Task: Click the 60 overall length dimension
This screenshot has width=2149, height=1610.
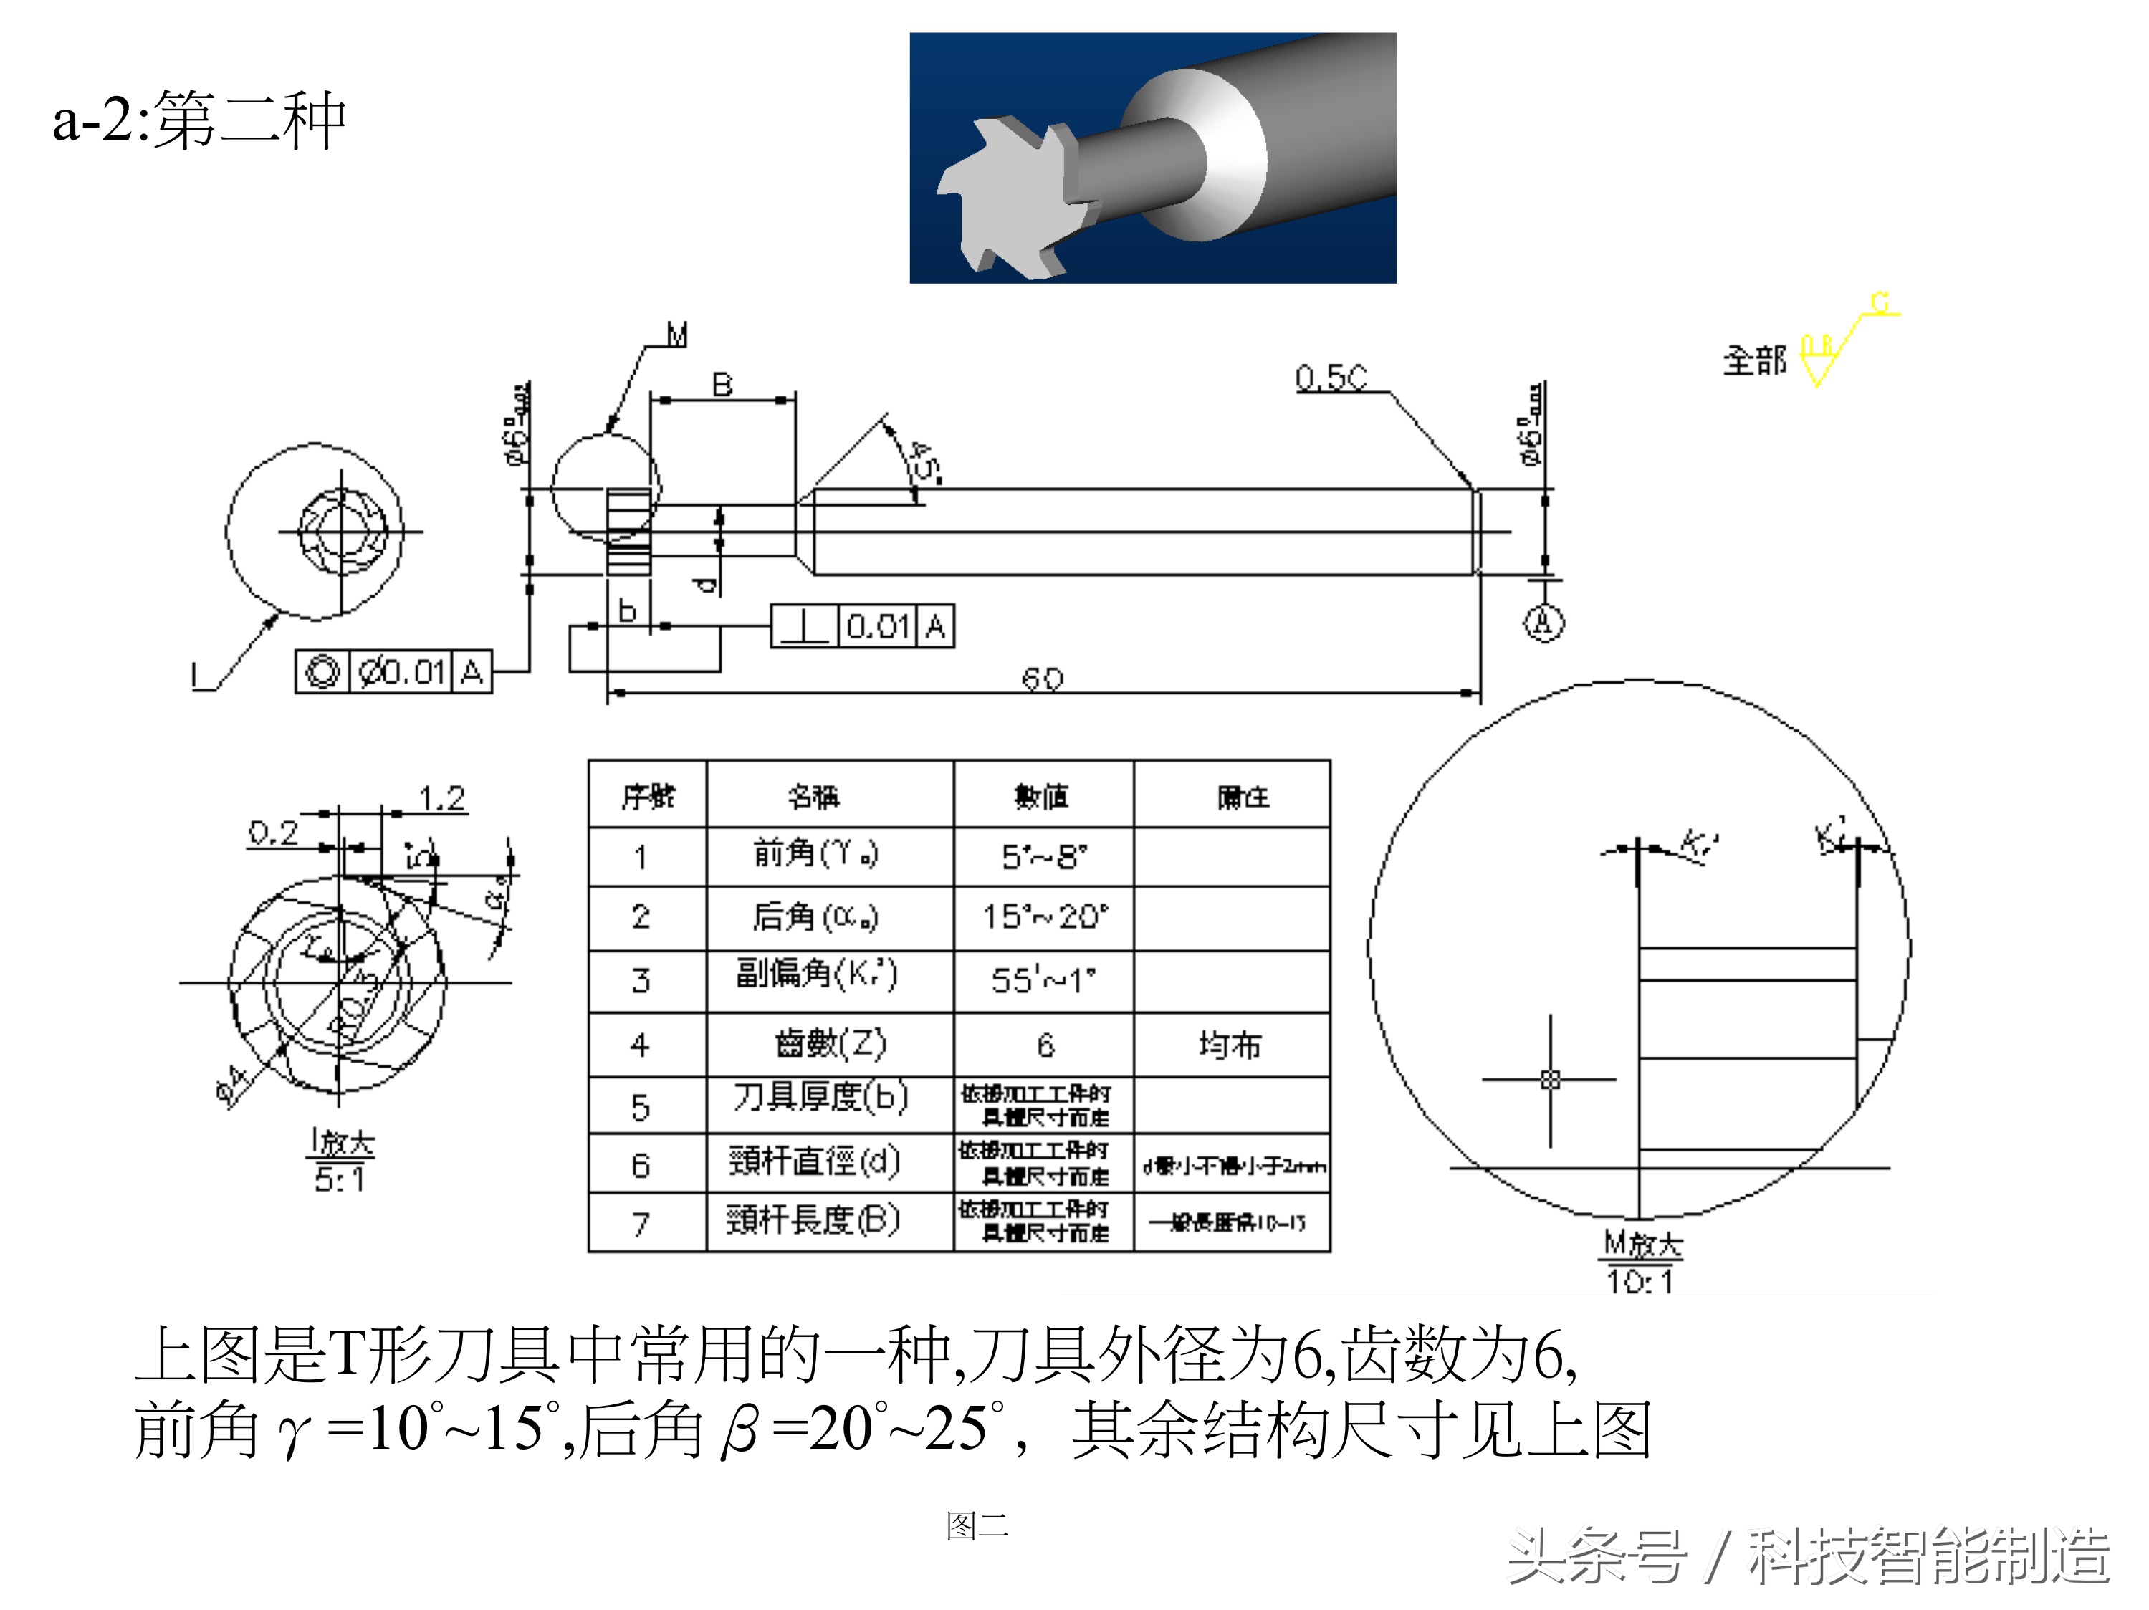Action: click(1043, 679)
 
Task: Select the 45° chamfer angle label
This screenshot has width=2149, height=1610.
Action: click(923, 461)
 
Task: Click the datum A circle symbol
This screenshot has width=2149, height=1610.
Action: click(1543, 622)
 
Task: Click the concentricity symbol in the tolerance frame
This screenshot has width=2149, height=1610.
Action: click(322, 671)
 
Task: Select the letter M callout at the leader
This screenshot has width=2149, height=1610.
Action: click(677, 336)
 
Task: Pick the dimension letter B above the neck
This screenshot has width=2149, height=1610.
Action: click(722, 385)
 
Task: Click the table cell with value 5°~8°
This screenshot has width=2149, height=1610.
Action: click(1043, 857)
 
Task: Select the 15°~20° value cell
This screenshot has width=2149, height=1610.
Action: click(1043, 916)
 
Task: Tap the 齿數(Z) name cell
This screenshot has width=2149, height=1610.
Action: click(830, 1045)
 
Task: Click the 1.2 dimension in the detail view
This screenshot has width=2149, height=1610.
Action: click(442, 799)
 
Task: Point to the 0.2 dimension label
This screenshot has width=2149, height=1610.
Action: click(273, 833)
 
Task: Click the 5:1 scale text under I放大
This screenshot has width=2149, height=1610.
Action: click(339, 1179)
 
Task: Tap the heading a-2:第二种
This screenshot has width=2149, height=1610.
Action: click(200, 120)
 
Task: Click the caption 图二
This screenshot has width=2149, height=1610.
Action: click(977, 1525)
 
